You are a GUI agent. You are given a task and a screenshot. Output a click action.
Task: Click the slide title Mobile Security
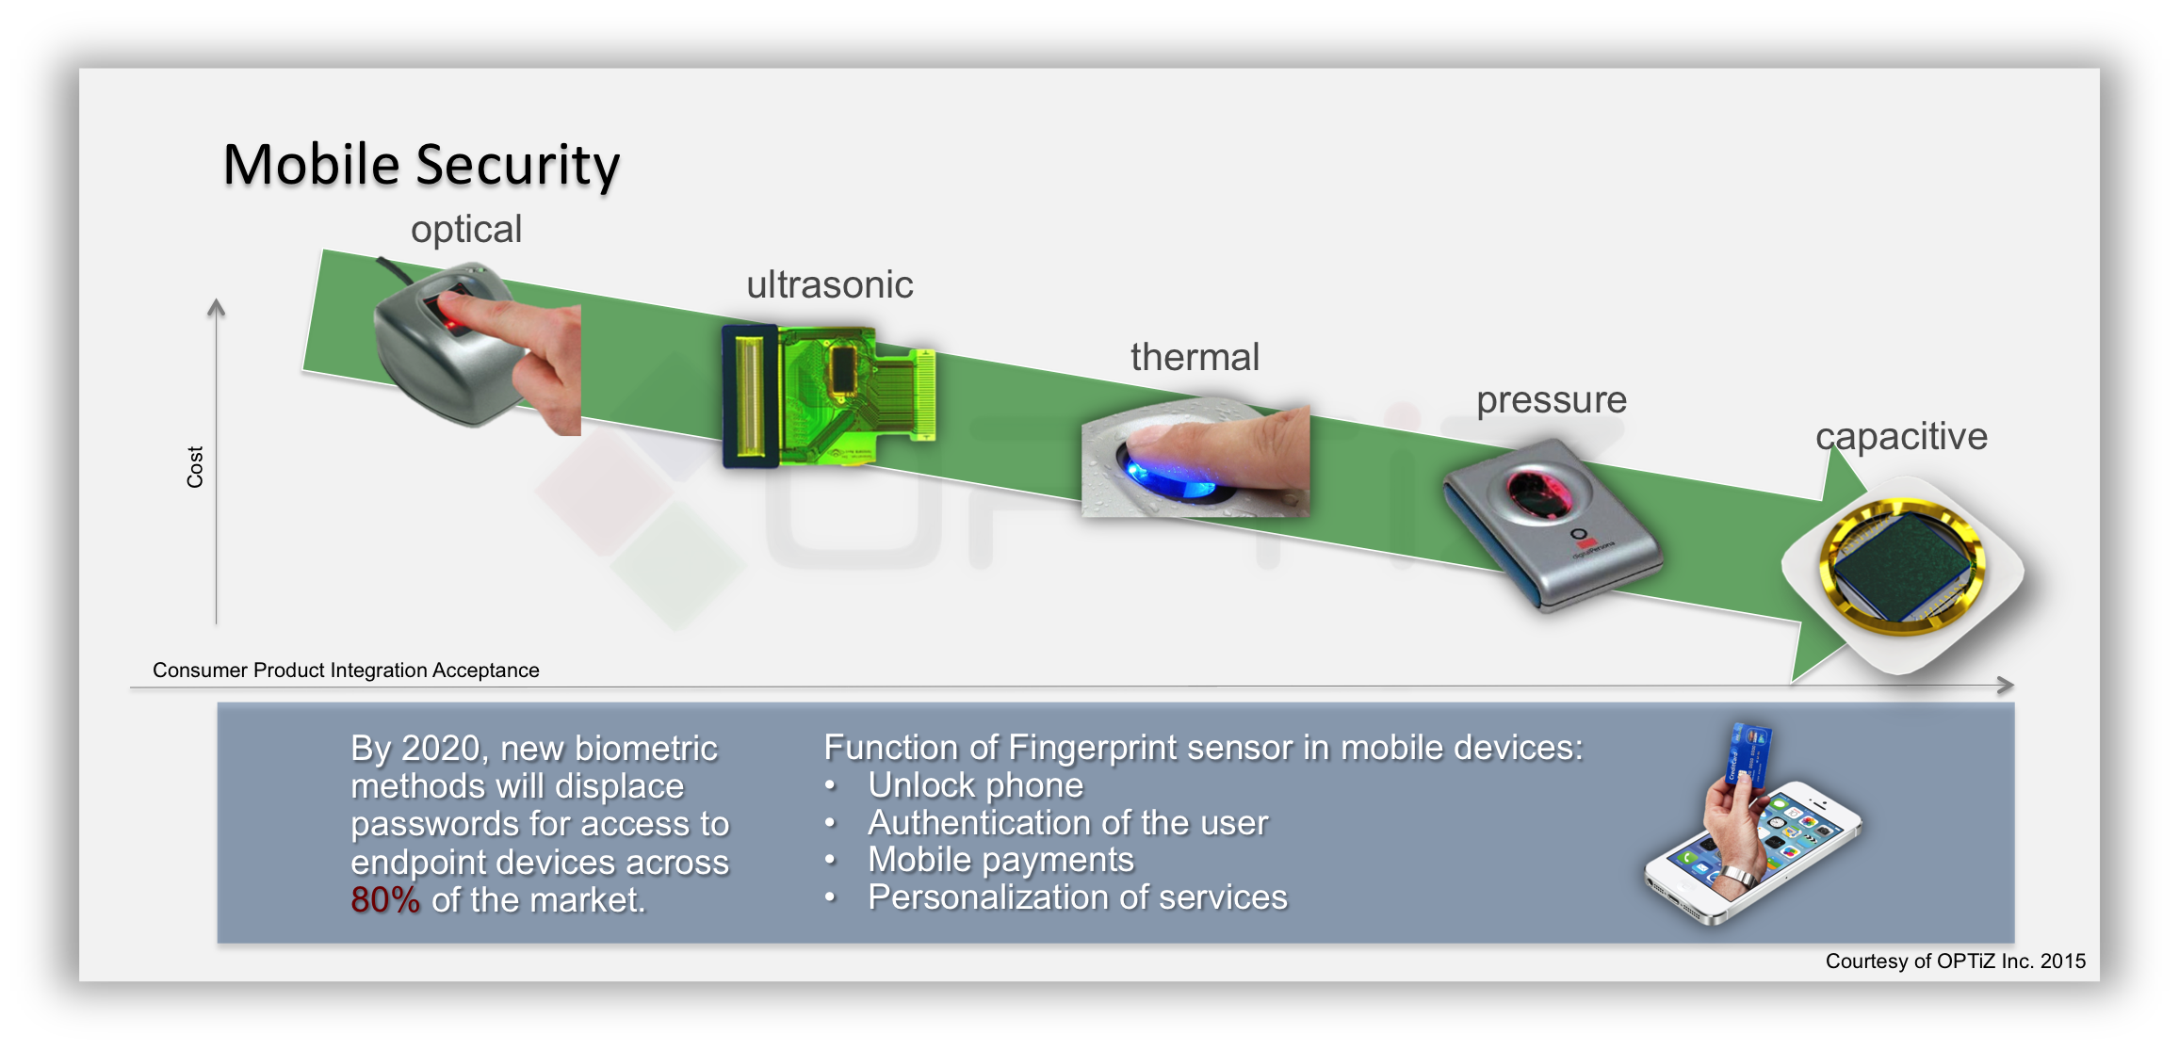click(421, 165)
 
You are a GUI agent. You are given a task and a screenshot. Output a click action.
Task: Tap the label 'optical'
click(466, 229)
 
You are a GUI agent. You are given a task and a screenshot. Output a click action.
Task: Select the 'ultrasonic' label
click(829, 284)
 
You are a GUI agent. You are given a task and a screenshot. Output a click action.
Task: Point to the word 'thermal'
click(1195, 357)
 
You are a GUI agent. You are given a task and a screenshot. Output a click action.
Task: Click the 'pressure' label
click(1551, 399)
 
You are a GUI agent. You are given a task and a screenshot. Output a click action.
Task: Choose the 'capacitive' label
click(1901, 436)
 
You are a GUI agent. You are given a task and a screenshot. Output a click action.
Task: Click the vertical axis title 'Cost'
click(195, 467)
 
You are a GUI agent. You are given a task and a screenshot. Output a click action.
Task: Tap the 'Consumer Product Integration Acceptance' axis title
click(346, 670)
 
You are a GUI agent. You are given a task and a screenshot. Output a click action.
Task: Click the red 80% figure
click(385, 900)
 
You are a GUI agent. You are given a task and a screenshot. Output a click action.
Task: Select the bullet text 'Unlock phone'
click(975, 784)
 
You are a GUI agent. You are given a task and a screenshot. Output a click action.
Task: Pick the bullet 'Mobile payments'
click(1000, 859)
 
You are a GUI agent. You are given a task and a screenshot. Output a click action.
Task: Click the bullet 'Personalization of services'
click(1077, 897)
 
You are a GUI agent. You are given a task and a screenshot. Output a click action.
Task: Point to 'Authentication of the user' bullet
click(1067, 822)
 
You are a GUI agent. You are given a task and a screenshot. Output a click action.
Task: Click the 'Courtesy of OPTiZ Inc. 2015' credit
click(1955, 961)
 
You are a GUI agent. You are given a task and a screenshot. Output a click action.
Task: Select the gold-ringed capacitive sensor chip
click(1903, 565)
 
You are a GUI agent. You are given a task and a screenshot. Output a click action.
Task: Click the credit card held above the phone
click(1749, 753)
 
